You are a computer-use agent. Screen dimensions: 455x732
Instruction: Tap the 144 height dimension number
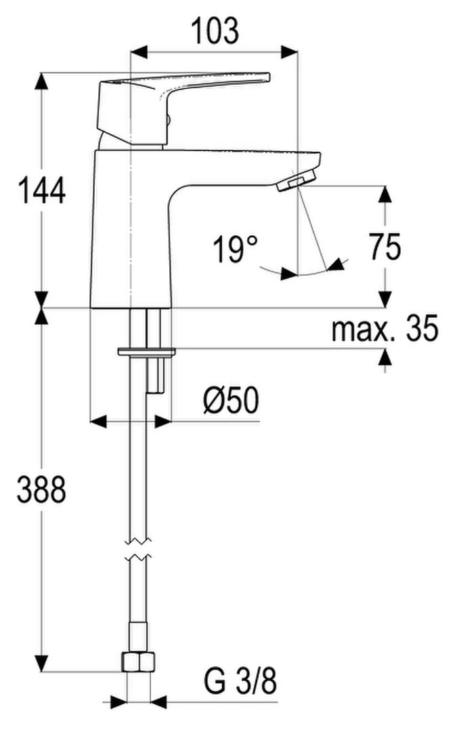click(x=41, y=191)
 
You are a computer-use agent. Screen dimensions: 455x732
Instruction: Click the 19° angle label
click(x=234, y=249)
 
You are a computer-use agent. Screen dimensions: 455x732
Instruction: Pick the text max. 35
click(x=385, y=328)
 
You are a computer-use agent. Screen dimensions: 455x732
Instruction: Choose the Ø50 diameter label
click(x=231, y=401)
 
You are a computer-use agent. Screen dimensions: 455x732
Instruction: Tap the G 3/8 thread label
click(x=240, y=681)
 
